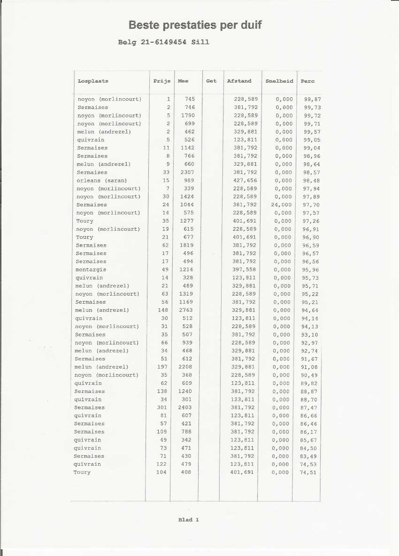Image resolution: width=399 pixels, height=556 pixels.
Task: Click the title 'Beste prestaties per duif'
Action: click(x=195, y=25)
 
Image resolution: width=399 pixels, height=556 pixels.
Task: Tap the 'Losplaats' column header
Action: click(x=93, y=81)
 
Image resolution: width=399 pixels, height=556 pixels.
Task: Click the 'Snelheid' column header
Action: click(x=279, y=81)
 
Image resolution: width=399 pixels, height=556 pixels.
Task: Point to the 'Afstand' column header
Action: click(x=239, y=81)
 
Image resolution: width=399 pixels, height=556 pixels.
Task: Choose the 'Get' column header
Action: click(x=211, y=81)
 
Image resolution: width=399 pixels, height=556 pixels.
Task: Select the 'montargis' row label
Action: click(x=91, y=270)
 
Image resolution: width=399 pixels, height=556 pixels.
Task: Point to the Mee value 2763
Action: click(x=187, y=310)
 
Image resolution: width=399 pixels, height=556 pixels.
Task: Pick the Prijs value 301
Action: click(x=162, y=407)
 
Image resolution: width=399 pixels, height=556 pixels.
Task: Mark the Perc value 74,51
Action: click(x=308, y=472)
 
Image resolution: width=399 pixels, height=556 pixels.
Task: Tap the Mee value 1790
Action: click(x=187, y=116)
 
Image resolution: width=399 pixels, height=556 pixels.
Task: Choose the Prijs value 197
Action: click(x=162, y=367)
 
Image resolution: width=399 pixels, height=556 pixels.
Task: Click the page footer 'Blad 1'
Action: click(x=189, y=519)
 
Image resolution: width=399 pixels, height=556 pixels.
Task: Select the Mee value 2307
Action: click(x=187, y=172)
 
